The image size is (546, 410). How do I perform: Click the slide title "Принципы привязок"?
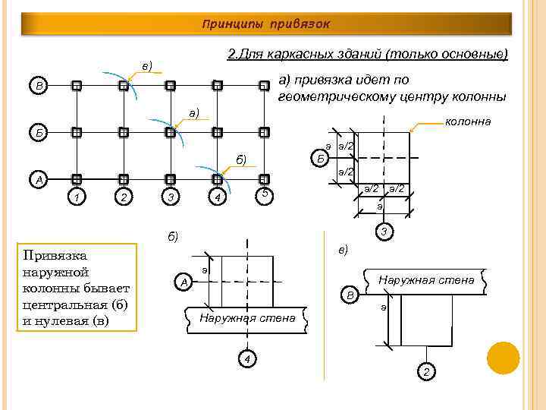[265, 24]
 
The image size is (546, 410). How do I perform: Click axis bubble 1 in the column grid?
[76, 198]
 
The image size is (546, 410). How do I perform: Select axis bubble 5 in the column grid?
[264, 194]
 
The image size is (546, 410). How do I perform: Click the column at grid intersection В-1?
[76, 86]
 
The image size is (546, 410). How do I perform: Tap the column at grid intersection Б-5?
[264, 132]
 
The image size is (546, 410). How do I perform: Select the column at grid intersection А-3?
[170, 179]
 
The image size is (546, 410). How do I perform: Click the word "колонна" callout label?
[468, 121]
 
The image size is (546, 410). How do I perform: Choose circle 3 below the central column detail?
[385, 232]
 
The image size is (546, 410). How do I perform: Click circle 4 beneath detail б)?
[246, 358]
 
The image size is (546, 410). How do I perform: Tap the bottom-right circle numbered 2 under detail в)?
[426, 371]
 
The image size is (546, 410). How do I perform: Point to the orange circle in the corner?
[503, 358]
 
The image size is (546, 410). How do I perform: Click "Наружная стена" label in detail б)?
[246, 318]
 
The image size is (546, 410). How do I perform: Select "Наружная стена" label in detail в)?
[426, 280]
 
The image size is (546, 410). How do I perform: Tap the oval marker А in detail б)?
[183, 282]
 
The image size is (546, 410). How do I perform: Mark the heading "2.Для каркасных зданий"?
[303, 55]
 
